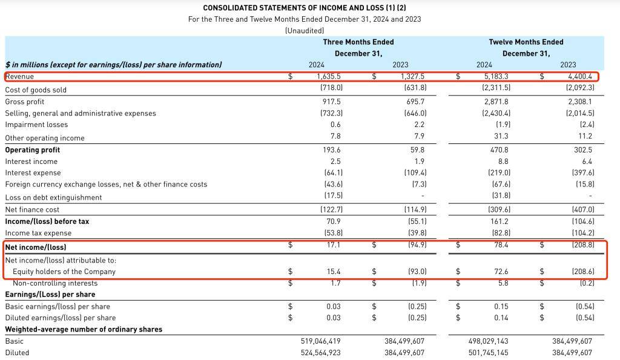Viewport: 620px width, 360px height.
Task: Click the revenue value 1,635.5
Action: [328, 76]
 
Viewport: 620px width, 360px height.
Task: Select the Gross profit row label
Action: [24, 102]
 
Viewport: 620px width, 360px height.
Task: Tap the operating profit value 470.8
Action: [499, 150]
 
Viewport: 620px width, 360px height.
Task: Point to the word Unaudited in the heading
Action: [305, 30]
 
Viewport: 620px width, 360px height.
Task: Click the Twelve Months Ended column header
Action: [526, 42]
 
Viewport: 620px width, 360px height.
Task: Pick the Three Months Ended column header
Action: [358, 42]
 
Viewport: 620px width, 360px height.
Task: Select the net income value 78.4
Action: [501, 245]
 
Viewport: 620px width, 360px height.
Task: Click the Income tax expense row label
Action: [38, 233]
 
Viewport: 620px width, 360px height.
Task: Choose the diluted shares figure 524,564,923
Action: [321, 353]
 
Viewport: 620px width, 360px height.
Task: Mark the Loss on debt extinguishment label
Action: [53, 198]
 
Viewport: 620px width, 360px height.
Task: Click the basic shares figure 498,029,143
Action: [489, 341]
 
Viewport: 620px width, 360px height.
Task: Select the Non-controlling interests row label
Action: [55, 283]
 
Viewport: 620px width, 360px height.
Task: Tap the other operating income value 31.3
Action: [501, 136]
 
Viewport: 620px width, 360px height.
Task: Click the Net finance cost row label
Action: [32, 210]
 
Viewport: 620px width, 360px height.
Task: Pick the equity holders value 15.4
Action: [334, 272]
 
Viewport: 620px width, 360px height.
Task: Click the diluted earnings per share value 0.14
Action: [501, 318]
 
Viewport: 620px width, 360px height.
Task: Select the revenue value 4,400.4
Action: [580, 76]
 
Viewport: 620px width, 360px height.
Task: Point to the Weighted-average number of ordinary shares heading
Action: [84, 330]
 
